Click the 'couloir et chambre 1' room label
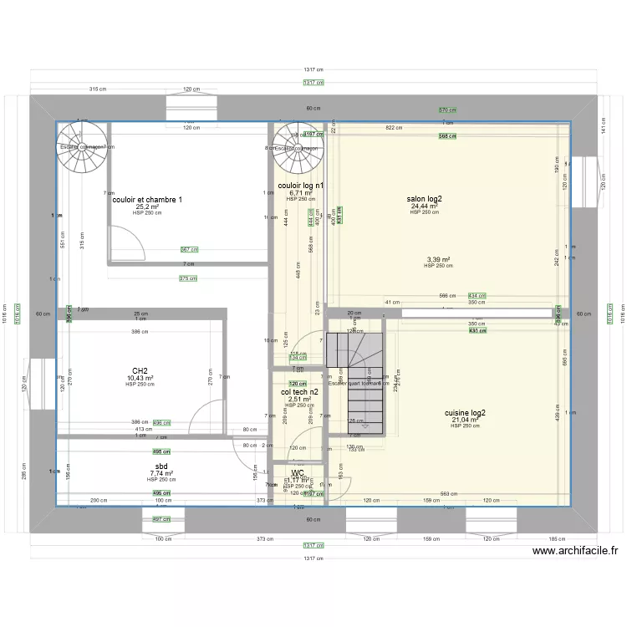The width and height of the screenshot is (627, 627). pyautogui.click(x=147, y=200)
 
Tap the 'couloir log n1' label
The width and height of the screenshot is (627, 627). pyautogui.click(x=301, y=186)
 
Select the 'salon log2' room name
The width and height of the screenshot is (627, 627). pyautogui.click(x=425, y=199)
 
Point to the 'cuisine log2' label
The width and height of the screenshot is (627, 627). pyautogui.click(x=466, y=413)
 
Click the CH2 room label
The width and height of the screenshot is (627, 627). pyautogui.click(x=140, y=371)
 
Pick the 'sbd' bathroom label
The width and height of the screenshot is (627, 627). pyautogui.click(x=161, y=466)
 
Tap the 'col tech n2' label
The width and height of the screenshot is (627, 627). pyautogui.click(x=299, y=392)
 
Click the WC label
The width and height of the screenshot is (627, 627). pyautogui.click(x=298, y=472)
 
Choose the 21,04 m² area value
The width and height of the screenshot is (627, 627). pyautogui.click(x=466, y=420)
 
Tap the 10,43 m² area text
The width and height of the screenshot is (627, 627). pyautogui.click(x=140, y=378)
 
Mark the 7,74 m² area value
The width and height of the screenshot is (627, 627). pyautogui.click(x=161, y=473)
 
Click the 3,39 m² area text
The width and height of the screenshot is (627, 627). pyautogui.click(x=438, y=259)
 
